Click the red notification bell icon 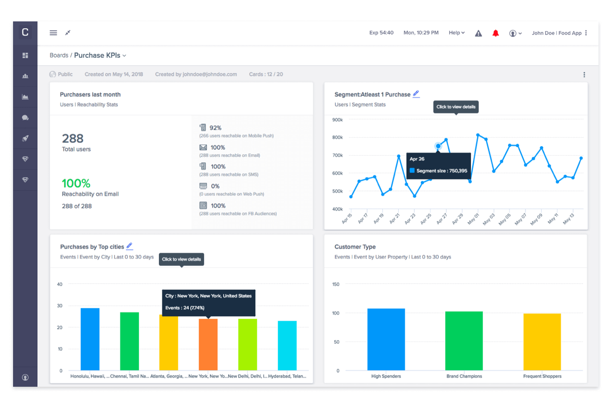click(495, 33)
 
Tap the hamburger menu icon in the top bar click(53, 33)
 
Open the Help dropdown click(457, 33)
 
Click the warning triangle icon click(478, 33)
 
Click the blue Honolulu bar click(90, 339)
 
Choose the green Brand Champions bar click(464, 341)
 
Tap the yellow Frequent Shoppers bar click(542, 342)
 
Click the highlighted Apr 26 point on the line click(438, 146)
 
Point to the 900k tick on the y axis click(337, 120)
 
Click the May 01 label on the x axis click(473, 219)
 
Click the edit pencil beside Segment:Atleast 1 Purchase click(416, 94)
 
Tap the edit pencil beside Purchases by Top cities click(129, 246)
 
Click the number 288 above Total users click(73, 138)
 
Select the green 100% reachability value click(76, 183)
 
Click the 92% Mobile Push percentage click(215, 128)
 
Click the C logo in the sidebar click(25, 32)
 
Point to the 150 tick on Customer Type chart click(336, 284)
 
